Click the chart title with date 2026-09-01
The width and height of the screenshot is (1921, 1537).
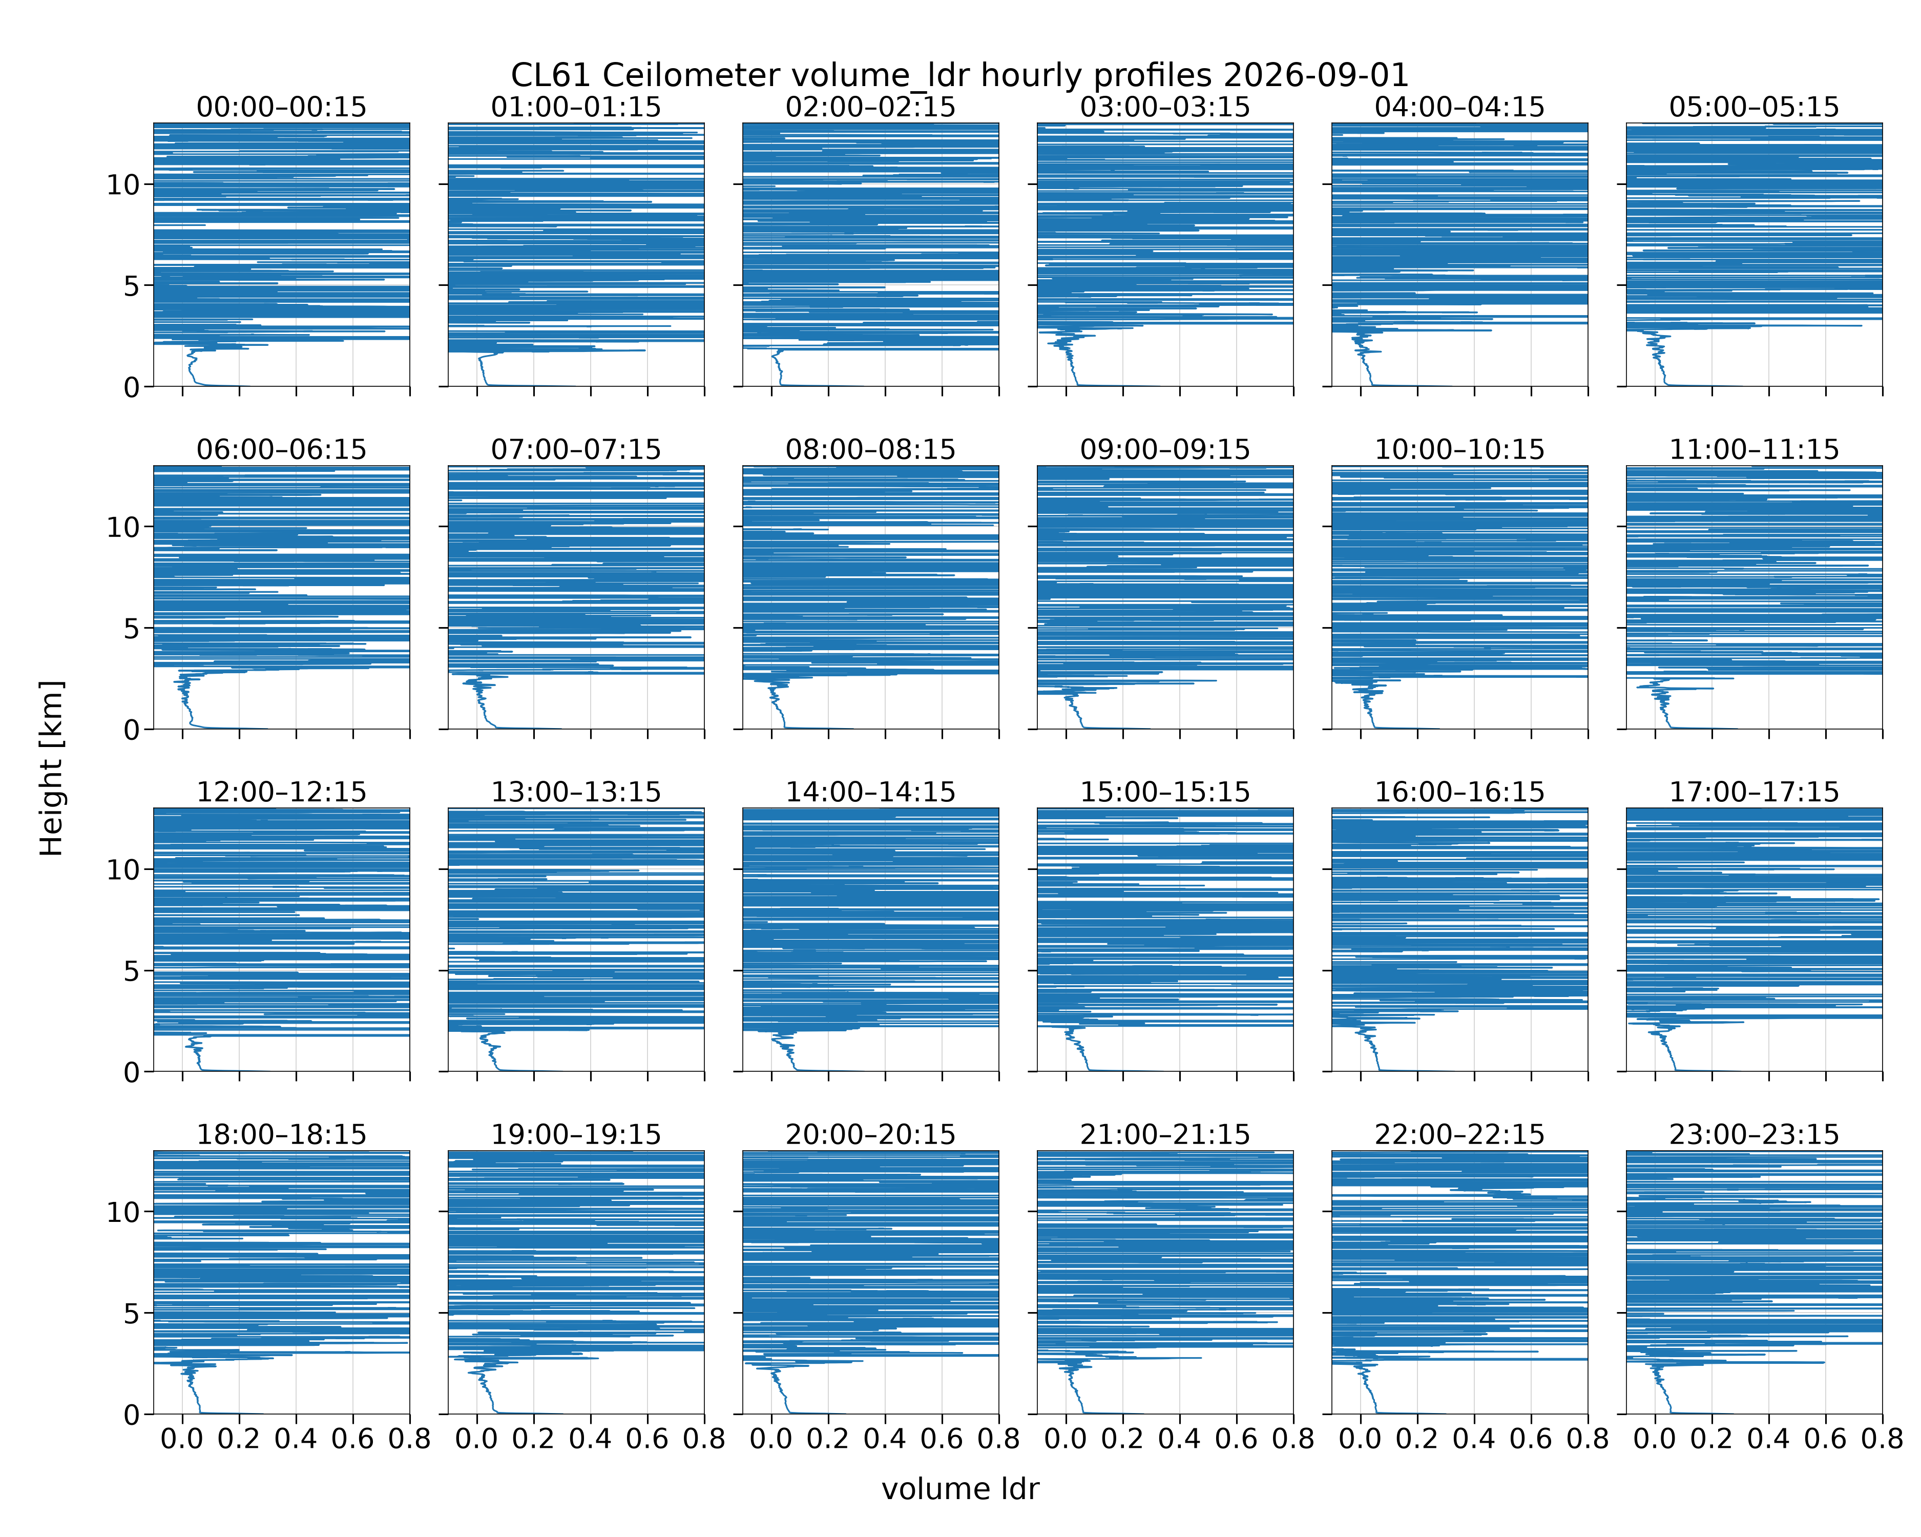[x=959, y=75]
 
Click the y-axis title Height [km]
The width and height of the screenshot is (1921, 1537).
[x=52, y=768]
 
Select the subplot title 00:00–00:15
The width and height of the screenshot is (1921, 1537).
[x=282, y=107]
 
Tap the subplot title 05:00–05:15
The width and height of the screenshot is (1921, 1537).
[x=1753, y=107]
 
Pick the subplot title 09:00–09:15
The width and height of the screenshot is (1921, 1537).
[x=1164, y=449]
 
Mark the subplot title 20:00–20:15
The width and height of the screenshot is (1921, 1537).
[x=870, y=1134]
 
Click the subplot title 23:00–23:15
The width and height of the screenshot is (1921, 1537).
[x=1753, y=1134]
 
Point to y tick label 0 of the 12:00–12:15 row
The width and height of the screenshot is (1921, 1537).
[x=132, y=1072]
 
